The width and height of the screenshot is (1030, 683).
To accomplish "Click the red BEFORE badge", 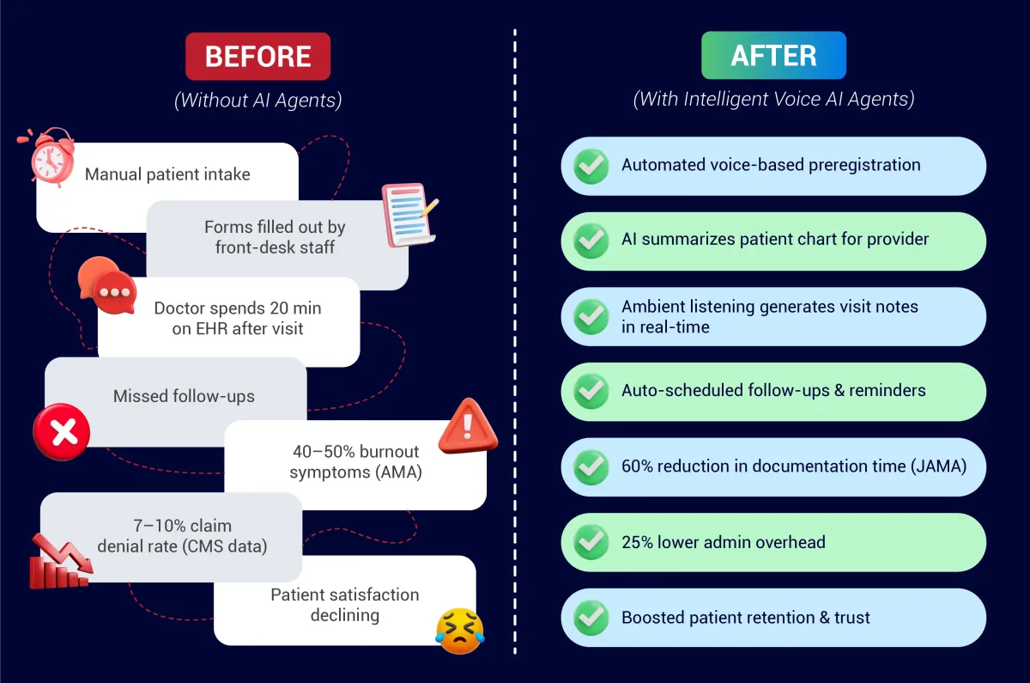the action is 258,56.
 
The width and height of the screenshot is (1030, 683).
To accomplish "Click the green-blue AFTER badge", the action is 773,55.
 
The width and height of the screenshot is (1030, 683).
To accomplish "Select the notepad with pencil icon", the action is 409,214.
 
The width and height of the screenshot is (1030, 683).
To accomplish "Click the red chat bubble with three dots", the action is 115,292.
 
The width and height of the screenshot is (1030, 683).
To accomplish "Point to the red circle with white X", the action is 62,431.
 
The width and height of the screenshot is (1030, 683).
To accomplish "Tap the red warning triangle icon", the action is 468,426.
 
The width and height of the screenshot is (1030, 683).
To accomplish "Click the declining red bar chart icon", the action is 61,562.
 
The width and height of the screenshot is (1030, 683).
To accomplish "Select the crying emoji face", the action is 460,631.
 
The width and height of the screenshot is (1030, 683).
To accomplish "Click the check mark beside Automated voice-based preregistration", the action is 591,166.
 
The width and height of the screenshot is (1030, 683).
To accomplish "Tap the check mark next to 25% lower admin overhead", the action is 591,542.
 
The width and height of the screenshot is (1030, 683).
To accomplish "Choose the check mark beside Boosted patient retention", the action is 591,618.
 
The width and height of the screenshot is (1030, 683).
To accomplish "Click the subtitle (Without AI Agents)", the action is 258,100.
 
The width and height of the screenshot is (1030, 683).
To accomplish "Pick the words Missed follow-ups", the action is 184,396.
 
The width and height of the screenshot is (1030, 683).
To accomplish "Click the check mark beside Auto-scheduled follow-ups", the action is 591,391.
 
